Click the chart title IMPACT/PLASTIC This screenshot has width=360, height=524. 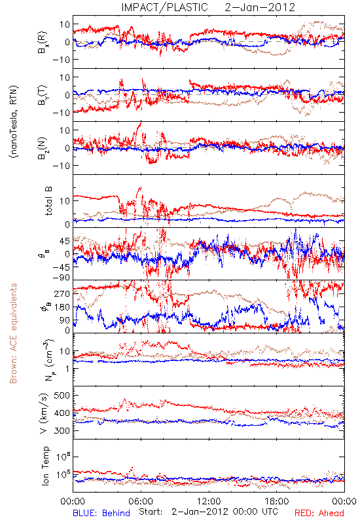coord(164,7)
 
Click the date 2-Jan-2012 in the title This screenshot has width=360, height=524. coord(260,7)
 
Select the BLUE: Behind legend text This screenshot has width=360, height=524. coord(101,513)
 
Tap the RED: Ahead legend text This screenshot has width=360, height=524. coord(319,513)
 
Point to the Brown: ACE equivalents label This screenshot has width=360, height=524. coord(13,333)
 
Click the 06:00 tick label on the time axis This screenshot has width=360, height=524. coord(141,501)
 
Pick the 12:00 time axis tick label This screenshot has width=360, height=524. coord(209,501)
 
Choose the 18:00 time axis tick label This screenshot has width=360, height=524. coord(277,501)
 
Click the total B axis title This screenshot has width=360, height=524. coord(48,201)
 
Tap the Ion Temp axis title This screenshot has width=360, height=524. coord(45,466)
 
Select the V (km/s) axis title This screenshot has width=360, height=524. coord(44,413)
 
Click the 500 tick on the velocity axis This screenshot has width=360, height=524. coord(62,396)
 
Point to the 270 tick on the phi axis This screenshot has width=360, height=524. coord(62,293)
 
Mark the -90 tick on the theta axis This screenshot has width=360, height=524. coord(61,277)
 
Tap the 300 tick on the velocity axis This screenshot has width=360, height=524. coord(62,431)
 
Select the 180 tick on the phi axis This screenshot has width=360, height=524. coord(62,307)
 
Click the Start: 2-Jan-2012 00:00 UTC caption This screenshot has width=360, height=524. coord(208,512)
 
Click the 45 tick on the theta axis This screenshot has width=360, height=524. coord(65,241)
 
